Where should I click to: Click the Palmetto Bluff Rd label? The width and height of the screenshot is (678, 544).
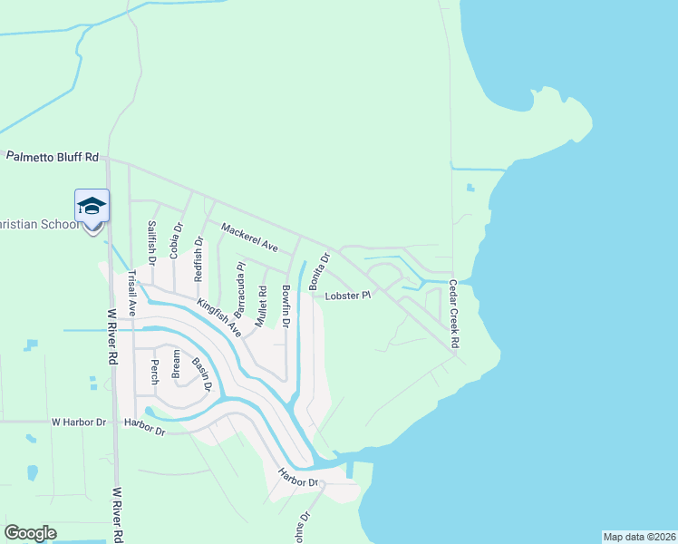[x=52, y=157]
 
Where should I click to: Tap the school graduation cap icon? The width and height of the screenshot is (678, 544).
[x=92, y=207]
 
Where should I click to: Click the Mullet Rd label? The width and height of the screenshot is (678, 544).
[x=262, y=306]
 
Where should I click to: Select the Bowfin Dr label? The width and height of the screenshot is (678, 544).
[x=285, y=306]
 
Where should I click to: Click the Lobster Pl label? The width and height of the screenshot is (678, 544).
[x=349, y=296]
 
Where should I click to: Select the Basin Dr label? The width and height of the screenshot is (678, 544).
[x=201, y=374]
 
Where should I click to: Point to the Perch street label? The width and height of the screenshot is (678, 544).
[x=154, y=369]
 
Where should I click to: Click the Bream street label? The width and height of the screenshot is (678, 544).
[x=176, y=364]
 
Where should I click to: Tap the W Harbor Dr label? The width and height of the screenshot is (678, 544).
[x=78, y=423]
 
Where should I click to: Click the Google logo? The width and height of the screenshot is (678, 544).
[x=30, y=533]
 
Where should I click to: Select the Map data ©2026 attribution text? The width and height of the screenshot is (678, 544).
[x=639, y=537]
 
